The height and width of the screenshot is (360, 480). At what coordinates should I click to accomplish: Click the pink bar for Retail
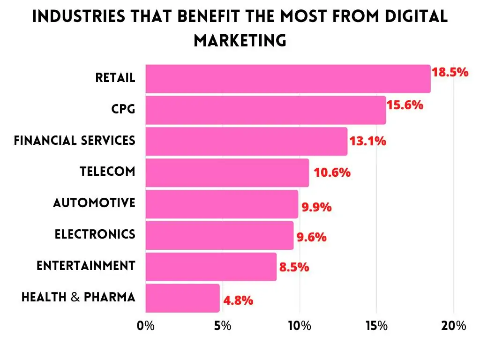pyautogui.click(x=288, y=79)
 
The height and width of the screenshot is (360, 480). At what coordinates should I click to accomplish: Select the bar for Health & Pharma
pyautogui.click(x=182, y=298)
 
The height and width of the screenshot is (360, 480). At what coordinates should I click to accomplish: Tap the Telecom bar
pyautogui.click(x=227, y=172)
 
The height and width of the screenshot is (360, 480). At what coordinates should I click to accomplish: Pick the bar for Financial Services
pyautogui.click(x=247, y=141)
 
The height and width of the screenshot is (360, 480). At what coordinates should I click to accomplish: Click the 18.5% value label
pyautogui.click(x=450, y=73)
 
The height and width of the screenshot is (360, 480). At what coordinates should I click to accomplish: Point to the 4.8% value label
pyautogui.click(x=238, y=300)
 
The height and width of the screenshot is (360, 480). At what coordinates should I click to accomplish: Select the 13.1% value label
pyautogui.click(x=368, y=141)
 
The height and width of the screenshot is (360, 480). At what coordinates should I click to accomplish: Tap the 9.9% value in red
pyautogui.click(x=316, y=207)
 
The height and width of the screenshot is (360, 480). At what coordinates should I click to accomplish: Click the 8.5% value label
pyautogui.click(x=294, y=267)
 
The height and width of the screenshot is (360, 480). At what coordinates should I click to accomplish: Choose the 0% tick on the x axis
pyautogui.click(x=146, y=326)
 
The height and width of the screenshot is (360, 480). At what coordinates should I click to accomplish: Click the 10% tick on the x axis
pyautogui.click(x=300, y=326)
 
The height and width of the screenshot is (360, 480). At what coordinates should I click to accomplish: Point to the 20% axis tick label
pyautogui.click(x=453, y=326)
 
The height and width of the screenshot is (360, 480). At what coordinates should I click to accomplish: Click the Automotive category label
pyautogui.click(x=94, y=203)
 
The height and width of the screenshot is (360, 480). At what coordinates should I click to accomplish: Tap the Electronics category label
pyautogui.click(x=95, y=234)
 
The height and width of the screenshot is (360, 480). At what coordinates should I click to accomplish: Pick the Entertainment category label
pyautogui.click(x=86, y=266)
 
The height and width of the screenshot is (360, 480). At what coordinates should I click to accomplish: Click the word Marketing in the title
pyautogui.click(x=240, y=40)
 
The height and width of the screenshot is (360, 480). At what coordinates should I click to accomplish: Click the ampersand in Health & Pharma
pyautogui.click(x=75, y=297)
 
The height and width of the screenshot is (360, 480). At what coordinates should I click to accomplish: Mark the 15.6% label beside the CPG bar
pyautogui.click(x=405, y=105)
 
